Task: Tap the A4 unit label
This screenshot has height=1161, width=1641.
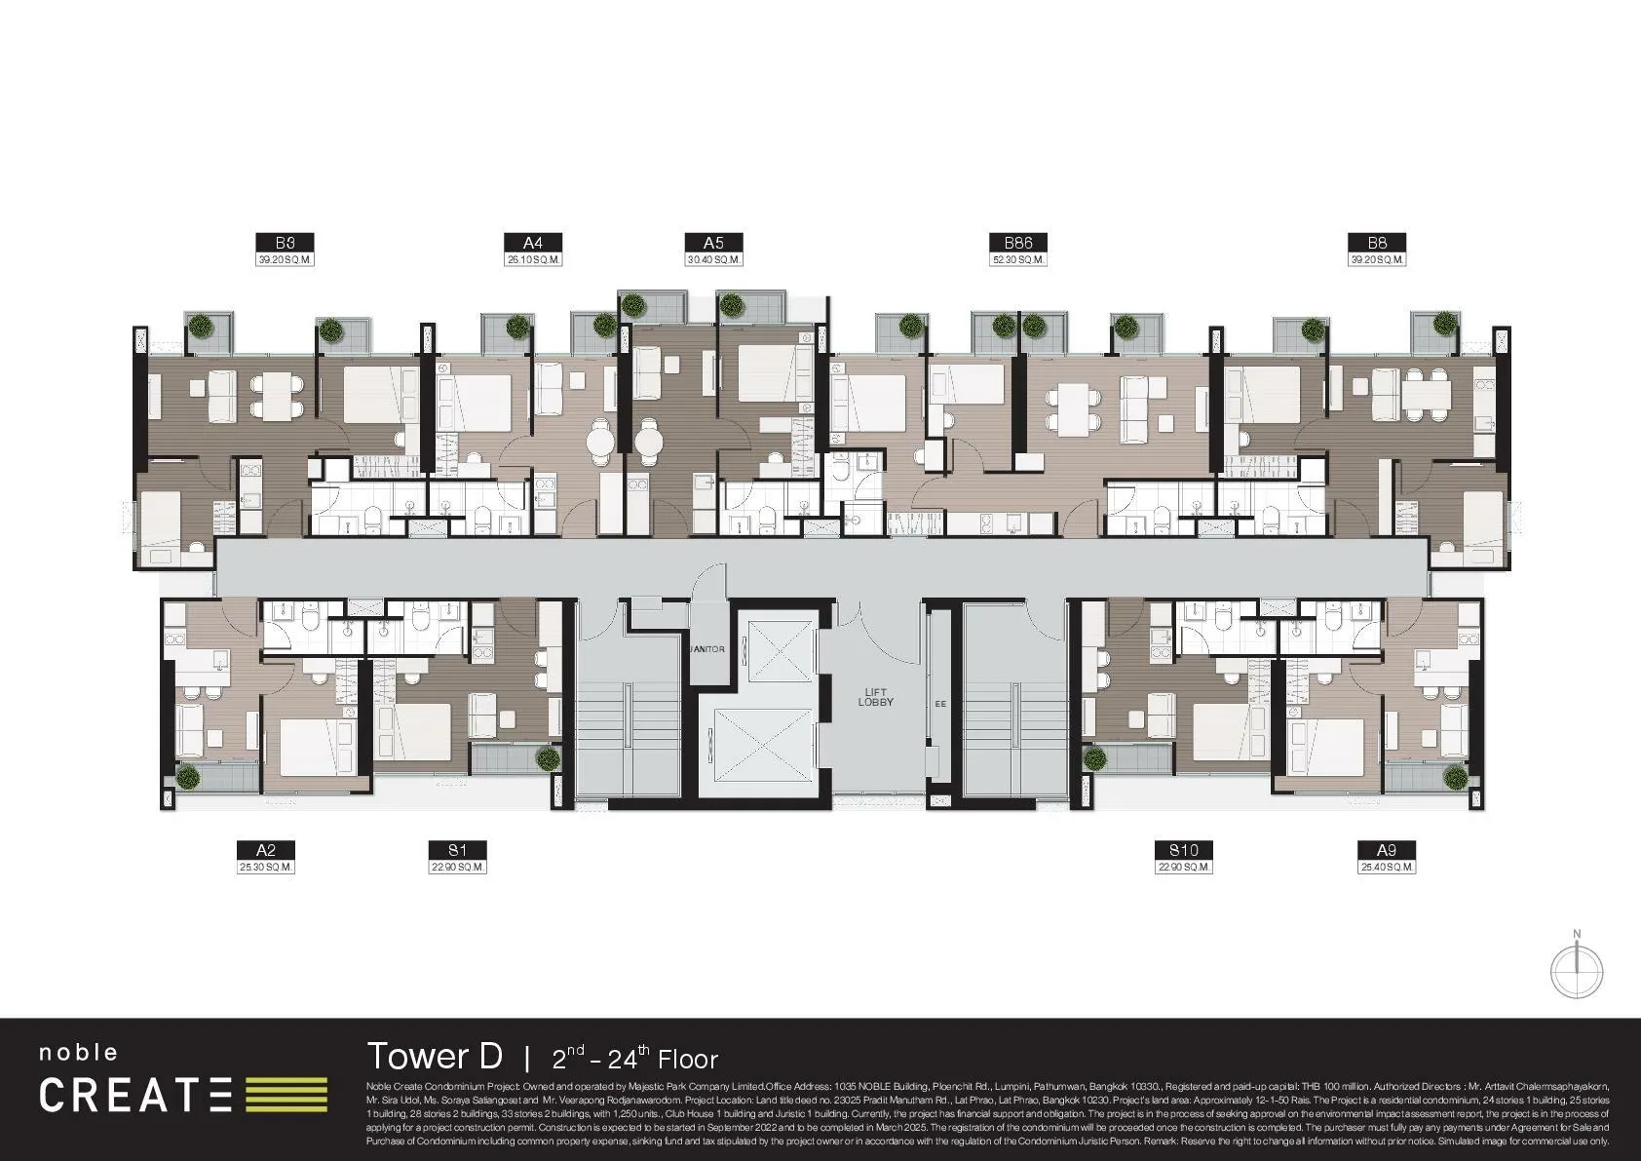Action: tap(532, 243)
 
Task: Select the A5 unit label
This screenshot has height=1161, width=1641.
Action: tap(713, 243)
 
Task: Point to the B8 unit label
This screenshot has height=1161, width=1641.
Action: tap(1377, 243)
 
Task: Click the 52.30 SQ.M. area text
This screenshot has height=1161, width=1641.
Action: tap(1017, 260)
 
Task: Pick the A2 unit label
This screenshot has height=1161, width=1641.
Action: tap(266, 850)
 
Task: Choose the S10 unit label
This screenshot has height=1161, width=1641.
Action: tap(1184, 850)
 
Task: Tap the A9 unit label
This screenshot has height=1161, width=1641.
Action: tap(1387, 850)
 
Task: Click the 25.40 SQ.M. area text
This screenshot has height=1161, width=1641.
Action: tap(1387, 867)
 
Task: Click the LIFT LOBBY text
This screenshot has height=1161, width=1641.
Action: tap(875, 697)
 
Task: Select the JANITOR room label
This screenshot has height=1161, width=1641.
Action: tap(707, 649)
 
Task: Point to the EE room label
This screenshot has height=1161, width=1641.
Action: tap(940, 703)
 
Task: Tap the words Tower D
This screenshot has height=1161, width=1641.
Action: tap(435, 1056)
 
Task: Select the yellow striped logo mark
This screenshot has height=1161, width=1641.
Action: tap(286, 1095)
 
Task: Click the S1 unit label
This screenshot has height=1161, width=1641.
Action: tap(457, 850)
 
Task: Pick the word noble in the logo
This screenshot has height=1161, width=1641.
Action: tap(78, 1053)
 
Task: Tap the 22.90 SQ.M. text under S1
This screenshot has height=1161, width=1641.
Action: tap(457, 867)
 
